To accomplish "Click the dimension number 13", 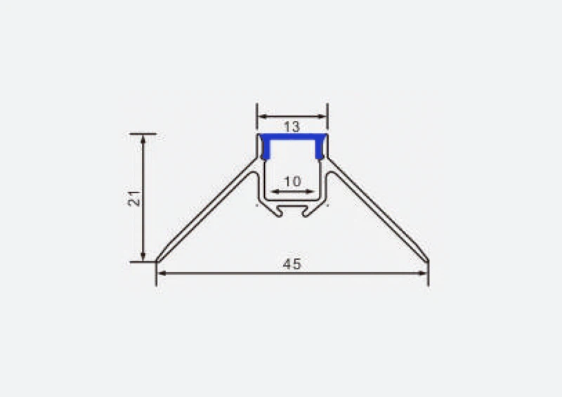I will click(x=292, y=127).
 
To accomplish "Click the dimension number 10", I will click(x=292, y=181).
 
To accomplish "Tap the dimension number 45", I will click(x=292, y=264).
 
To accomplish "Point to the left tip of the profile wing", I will click(x=157, y=261).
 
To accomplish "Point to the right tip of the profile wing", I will click(x=428, y=261).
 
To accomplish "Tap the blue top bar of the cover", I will click(x=292, y=136).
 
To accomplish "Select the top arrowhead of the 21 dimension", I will click(x=143, y=138).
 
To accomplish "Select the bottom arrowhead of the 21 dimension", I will click(x=143, y=257).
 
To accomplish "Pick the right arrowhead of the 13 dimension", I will click(x=324, y=117).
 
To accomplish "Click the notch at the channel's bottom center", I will click(x=292, y=210).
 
